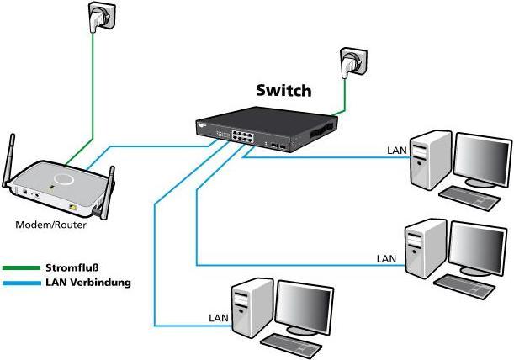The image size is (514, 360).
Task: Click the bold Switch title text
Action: (283, 90)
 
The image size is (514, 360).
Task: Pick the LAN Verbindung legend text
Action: (87, 283)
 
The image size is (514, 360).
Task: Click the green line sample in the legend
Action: (21, 268)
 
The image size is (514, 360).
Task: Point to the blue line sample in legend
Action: (21, 283)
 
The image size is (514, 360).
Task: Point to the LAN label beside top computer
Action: (396, 151)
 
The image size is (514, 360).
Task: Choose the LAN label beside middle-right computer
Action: (386, 258)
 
